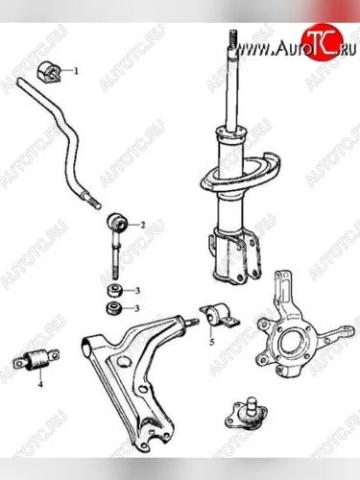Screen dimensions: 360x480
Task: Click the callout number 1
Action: pos(76,71)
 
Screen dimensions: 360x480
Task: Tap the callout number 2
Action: pos(143,225)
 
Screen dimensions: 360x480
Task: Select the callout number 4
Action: pos(40,384)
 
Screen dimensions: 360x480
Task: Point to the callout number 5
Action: pos(211,342)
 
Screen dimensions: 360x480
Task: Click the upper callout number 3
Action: pos(137,291)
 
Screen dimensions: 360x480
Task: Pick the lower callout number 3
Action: pos(137,308)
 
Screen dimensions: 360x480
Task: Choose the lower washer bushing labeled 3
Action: pos(114,308)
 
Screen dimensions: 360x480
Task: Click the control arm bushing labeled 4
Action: pos(36,361)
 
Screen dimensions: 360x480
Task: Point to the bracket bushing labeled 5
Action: pos(219,316)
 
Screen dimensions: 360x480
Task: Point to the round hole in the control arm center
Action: pos(125,362)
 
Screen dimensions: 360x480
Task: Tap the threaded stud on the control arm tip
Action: pos(192,322)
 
